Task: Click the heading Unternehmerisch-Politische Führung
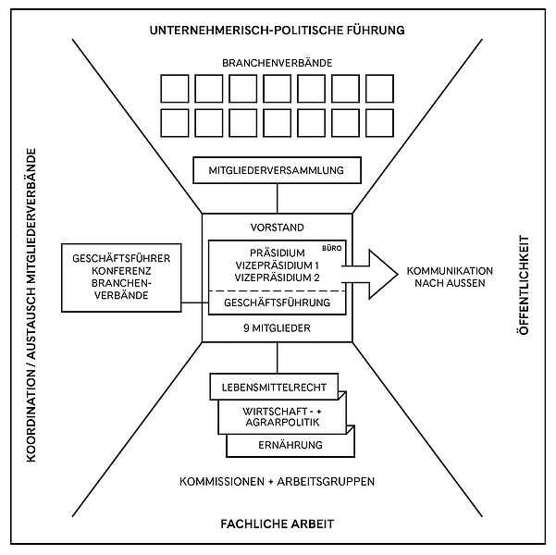pos(278,31)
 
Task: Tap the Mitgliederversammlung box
pos(278,170)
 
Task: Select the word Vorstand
pos(278,227)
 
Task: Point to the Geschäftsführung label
pos(278,302)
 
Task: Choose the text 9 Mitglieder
pos(278,327)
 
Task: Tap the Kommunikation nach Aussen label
pos(450,277)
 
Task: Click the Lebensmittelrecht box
pos(276,385)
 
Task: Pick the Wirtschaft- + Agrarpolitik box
pos(281,415)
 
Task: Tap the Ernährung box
pos(290,446)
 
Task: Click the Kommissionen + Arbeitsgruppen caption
pos(278,482)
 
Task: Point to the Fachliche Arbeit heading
pos(278,524)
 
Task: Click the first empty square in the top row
pos(176,90)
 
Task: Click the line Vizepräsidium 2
pos(278,277)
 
